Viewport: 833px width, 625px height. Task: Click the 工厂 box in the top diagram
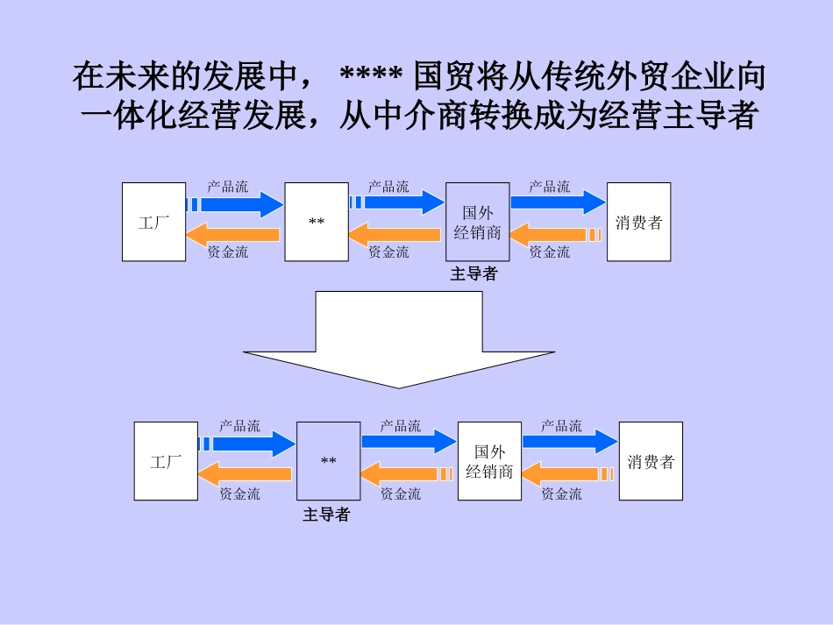pos(153,222)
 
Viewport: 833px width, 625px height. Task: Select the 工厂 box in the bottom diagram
pos(166,461)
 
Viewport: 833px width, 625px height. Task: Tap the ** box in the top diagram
pos(317,222)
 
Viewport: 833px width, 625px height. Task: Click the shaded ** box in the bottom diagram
pos(329,461)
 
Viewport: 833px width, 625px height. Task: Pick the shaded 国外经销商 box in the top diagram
pos(478,222)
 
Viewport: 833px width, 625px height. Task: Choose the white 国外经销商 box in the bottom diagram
pos(489,461)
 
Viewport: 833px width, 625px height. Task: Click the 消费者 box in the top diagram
pos(638,222)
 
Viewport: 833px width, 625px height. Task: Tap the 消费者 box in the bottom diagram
pos(651,461)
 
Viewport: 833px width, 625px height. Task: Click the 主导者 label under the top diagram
pos(473,274)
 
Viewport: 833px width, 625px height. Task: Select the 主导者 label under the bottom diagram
pos(326,515)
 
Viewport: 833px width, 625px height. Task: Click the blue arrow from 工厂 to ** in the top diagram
pos(237,204)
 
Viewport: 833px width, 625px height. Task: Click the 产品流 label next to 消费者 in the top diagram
pos(549,187)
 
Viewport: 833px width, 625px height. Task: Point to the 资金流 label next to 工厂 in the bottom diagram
pos(239,494)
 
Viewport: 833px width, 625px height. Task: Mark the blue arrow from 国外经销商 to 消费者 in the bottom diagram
pos(570,443)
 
